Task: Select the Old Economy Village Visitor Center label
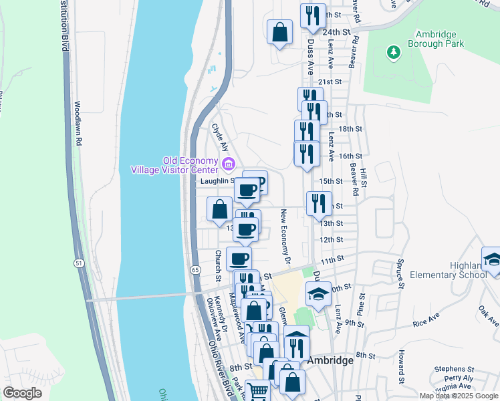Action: coord(191,164)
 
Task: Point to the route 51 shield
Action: coord(79,263)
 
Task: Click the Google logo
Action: coord(22,393)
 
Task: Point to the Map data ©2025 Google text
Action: coord(458,396)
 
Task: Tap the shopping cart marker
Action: coord(257,390)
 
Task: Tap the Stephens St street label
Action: coord(454,369)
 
